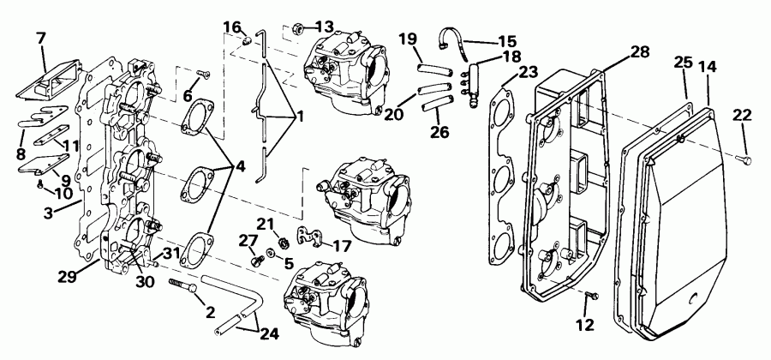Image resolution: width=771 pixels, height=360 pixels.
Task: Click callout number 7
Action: [x=40, y=39]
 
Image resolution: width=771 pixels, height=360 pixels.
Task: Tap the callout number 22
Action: [x=742, y=116]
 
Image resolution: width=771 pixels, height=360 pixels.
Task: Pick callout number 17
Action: [x=343, y=247]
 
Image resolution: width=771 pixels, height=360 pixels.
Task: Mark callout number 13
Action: [x=325, y=26]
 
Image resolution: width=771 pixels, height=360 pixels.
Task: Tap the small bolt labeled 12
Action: [x=590, y=296]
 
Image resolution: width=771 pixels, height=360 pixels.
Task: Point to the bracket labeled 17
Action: [x=309, y=234]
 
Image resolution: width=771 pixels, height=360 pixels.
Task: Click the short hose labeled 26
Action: [x=437, y=103]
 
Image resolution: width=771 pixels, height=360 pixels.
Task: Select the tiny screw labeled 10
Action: [x=40, y=182]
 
